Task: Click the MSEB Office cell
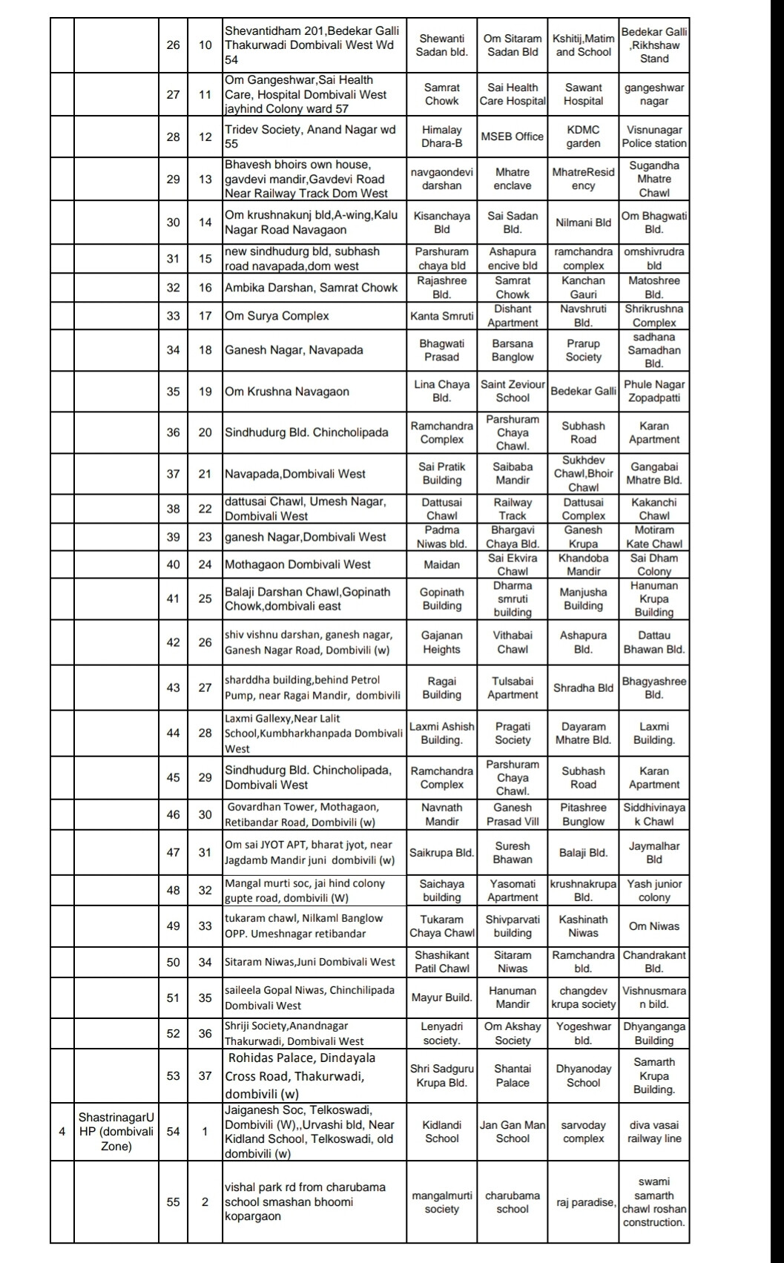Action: [x=512, y=136]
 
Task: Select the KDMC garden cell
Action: [x=583, y=136]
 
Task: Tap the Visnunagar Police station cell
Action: [x=653, y=136]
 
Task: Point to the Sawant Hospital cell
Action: [x=583, y=94]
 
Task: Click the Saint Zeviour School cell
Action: [x=512, y=391]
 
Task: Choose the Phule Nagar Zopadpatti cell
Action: [x=653, y=391]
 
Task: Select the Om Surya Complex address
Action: [x=277, y=316]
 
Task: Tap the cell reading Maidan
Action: [x=441, y=564]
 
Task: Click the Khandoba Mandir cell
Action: [x=583, y=564]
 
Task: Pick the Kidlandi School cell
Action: [x=441, y=1132]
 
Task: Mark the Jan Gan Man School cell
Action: [x=512, y=1132]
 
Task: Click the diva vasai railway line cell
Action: [x=653, y=1132]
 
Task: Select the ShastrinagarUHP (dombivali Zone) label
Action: [x=116, y=1132]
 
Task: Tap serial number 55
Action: [x=173, y=1202]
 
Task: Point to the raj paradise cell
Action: [x=583, y=1202]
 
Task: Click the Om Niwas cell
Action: [x=653, y=926]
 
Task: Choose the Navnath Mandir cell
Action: [x=441, y=814]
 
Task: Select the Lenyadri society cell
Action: [x=441, y=1034]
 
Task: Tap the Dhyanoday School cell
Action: [x=583, y=1075]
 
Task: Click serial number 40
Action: [x=173, y=564]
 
